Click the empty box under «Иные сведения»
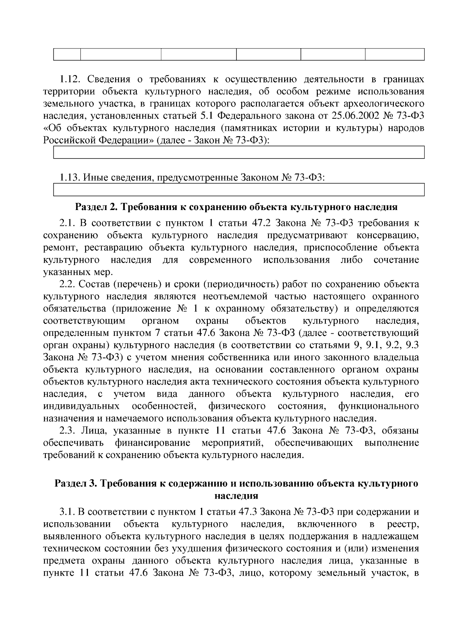[239, 189]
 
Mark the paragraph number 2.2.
[68, 284]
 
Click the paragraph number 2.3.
[68, 431]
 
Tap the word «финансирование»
[152, 443]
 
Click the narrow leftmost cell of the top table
[67, 54]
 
